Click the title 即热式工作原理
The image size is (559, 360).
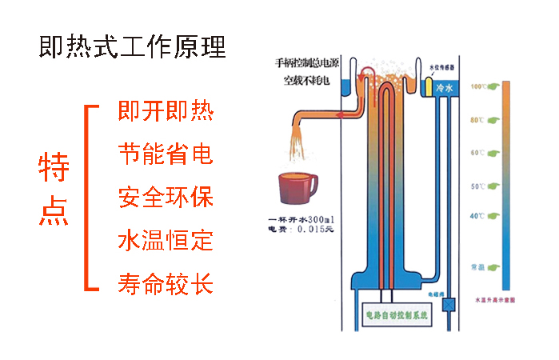(132, 46)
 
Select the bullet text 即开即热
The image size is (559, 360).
(165, 110)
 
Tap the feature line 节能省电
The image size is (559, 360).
(165, 154)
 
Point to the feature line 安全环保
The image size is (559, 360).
(165, 197)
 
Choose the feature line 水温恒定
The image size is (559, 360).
(165, 240)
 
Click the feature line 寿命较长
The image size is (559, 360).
(165, 282)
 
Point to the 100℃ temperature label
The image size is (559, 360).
(479, 86)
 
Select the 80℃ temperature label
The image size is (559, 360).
(479, 120)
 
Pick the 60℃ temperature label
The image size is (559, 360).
(479, 152)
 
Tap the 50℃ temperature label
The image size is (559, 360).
(479, 186)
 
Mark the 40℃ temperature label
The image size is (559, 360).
(479, 216)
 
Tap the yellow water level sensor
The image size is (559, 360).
(429, 83)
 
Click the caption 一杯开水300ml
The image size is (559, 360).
(302, 219)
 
